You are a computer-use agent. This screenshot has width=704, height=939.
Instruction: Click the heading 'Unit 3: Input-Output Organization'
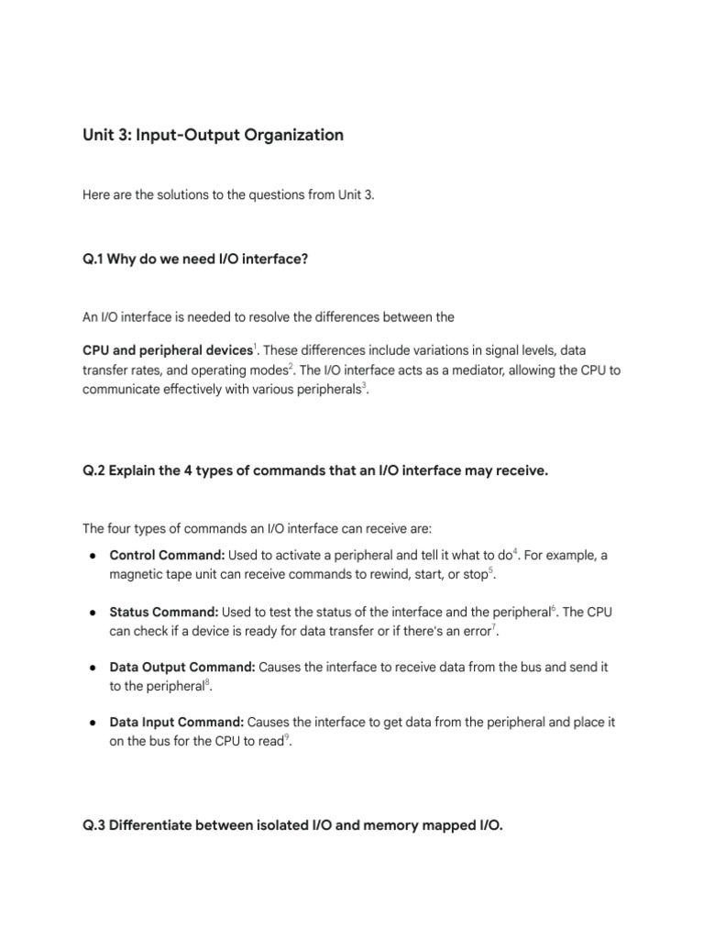click(x=213, y=136)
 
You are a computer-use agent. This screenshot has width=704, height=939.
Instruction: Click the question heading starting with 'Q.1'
click(x=195, y=260)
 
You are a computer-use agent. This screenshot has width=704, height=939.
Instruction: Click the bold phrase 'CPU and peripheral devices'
click(x=167, y=350)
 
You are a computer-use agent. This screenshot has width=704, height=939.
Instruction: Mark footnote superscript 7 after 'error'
click(x=495, y=626)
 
